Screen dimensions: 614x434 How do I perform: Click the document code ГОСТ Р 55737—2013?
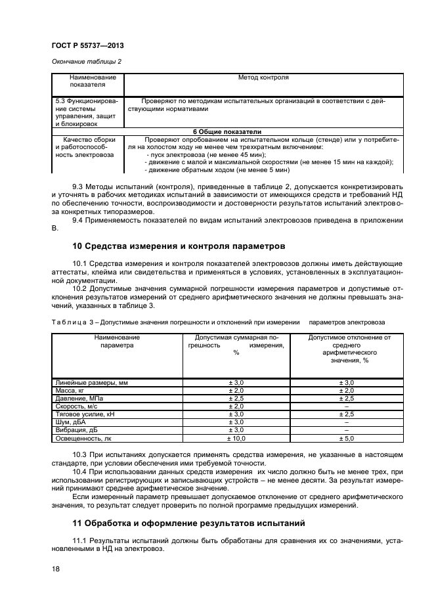(x=87, y=46)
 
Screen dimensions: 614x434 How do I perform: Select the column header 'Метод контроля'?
(x=263, y=77)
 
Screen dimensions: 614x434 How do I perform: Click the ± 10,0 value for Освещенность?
(x=236, y=438)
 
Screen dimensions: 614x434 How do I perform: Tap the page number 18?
(x=56, y=569)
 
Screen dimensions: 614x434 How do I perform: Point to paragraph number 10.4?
(x=79, y=473)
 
